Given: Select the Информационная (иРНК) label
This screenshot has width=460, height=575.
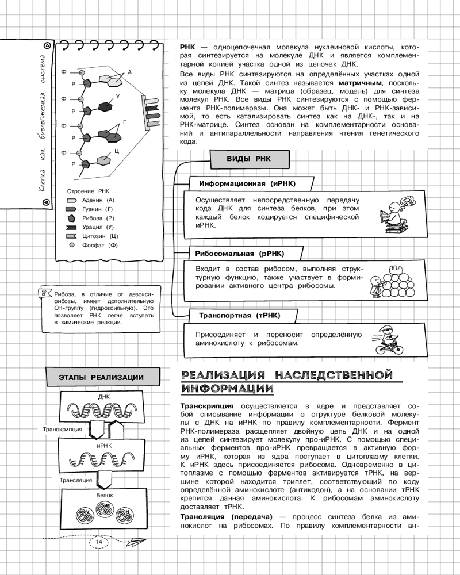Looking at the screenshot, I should pyautogui.click(x=247, y=183).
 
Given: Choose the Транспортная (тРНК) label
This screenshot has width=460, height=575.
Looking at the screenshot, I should pyautogui.click(x=235, y=316).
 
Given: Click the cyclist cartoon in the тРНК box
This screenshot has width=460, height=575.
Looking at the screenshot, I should pyautogui.click(x=382, y=339).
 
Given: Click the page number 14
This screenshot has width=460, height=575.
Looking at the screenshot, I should pyautogui.click(x=99, y=542).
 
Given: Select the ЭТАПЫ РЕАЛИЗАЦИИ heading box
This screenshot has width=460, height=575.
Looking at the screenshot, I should pyautogui.click(x=101, y=377).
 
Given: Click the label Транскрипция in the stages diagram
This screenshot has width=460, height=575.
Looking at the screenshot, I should pyautogui.click(x=63, y=429).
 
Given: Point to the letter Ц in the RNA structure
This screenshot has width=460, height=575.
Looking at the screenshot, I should pyautogui.click(x=116, y=151).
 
